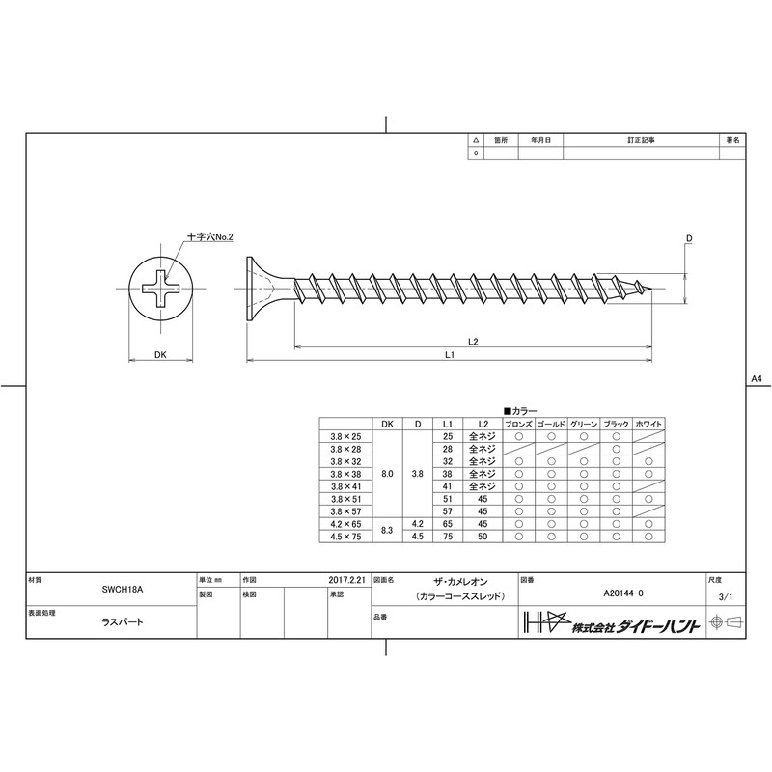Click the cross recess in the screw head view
(x=160, y=289)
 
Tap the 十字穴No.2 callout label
(x=209, y=236)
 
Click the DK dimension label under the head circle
(x=160, y=354)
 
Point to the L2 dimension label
(x=473, y=342)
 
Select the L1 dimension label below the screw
(x=449, y=354)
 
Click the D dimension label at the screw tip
(x=689, y=238)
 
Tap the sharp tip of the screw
(x=652, y=289)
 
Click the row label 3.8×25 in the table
(x=345, y=436)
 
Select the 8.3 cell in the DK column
(x=387, y=530)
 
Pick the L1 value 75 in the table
(x=448, y=537)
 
